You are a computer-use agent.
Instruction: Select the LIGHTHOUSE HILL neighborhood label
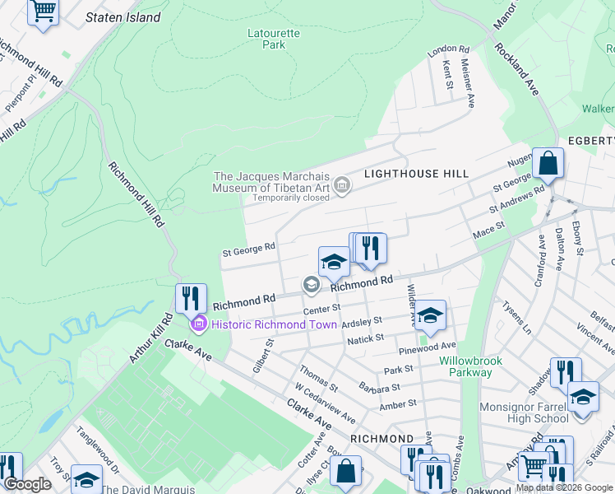click(416, 174)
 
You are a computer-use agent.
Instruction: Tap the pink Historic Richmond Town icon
click(197, 324)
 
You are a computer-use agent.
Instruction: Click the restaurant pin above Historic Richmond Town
click(191, 297)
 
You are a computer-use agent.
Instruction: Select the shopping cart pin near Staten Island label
click(43, 12)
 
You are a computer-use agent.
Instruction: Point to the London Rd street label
click(448, 51)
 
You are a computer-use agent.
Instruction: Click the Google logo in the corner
click(28, 484)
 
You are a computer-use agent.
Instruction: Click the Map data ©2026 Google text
click(564, 487)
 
